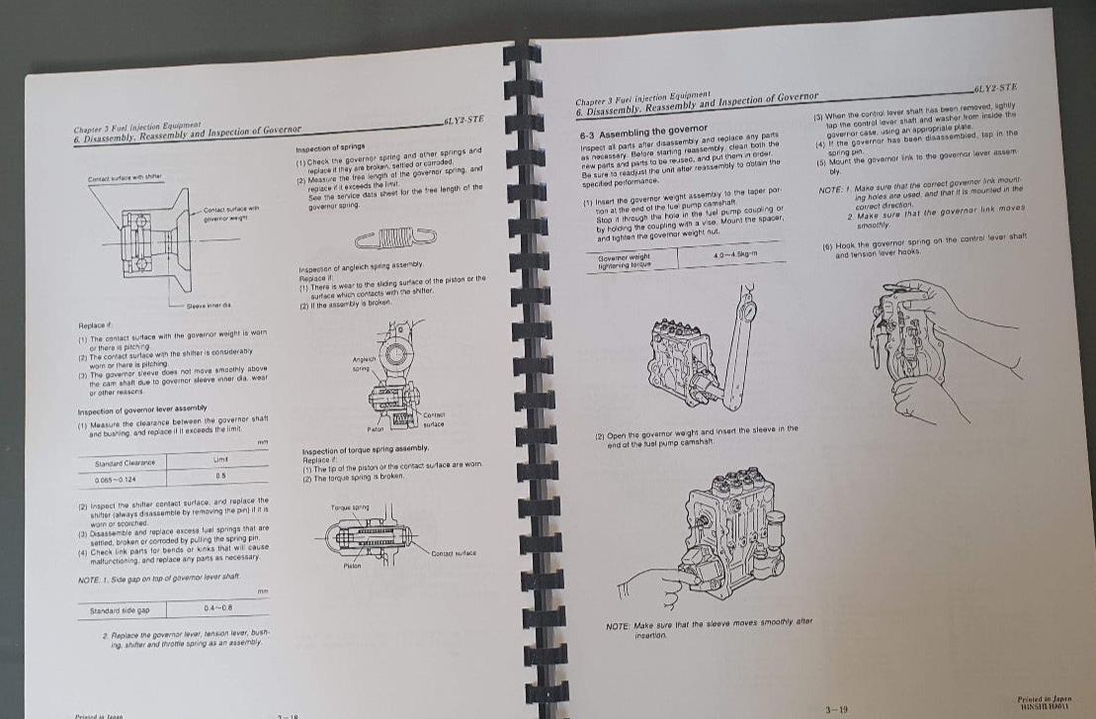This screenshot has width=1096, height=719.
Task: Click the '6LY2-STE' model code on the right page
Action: click(996, 89)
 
